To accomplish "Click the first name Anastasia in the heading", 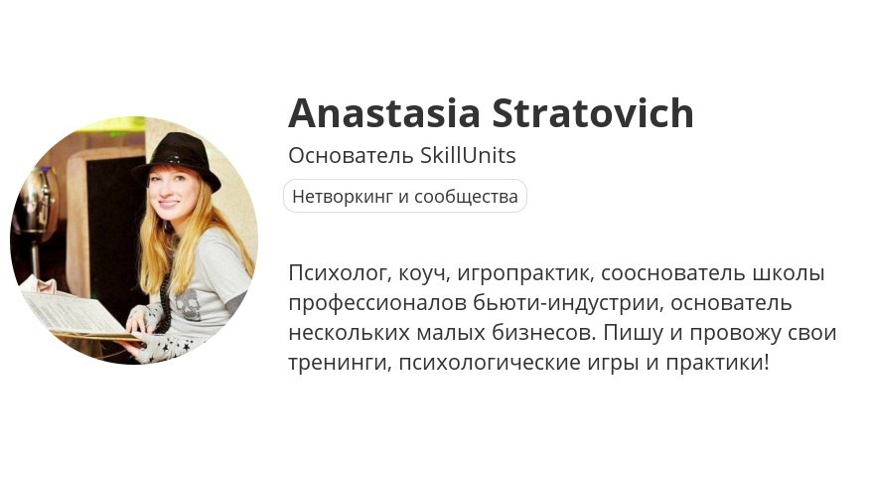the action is tap(384, 112).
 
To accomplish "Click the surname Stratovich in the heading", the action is tap(593, 112).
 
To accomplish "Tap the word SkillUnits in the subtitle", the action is tap(468, 155).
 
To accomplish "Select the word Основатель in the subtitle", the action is tap(352, 155).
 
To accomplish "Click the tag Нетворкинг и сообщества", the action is tap(405, 196).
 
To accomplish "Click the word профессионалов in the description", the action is tap(377, 304).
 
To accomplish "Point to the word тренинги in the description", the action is tap(341, 364).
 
